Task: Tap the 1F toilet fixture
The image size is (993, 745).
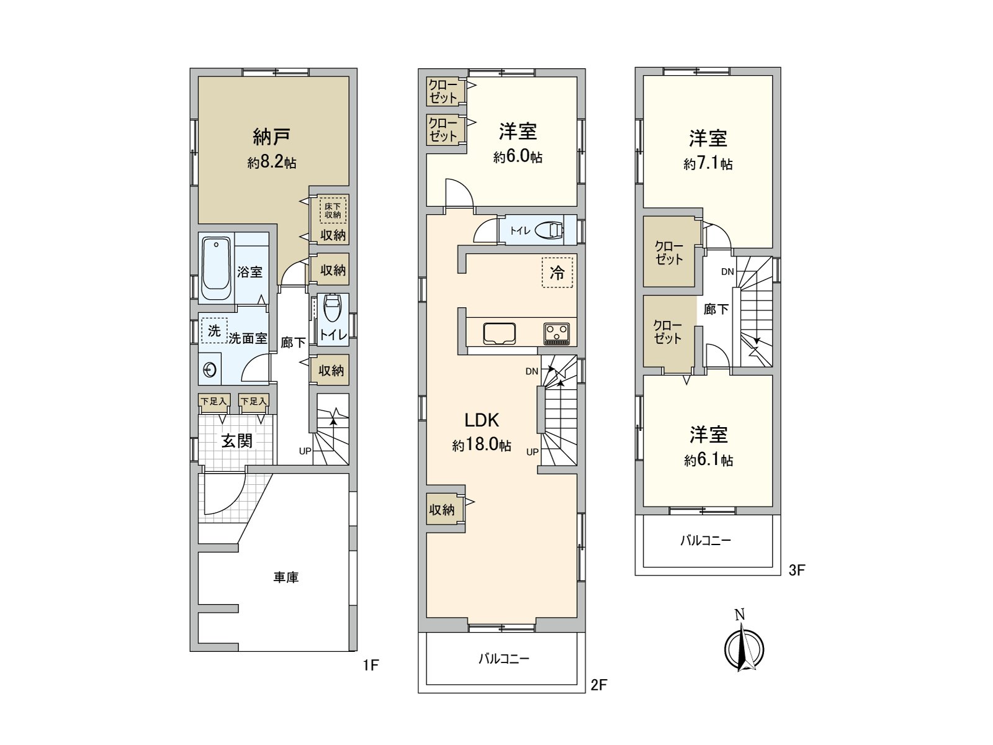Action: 332,307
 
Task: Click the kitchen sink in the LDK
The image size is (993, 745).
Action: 500,333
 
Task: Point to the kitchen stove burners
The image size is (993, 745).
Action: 557,334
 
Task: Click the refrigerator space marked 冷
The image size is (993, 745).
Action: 557,273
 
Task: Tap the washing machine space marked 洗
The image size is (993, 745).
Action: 214,330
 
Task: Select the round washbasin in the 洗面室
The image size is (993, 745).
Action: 210,370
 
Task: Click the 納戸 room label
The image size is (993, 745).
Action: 271,137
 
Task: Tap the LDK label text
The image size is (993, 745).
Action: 482,420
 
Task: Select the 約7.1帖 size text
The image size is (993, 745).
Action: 708,163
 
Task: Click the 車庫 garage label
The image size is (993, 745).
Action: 286,577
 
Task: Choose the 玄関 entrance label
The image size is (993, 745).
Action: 237,441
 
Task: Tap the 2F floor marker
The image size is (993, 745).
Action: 598,685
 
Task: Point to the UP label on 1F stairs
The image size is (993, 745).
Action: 305,451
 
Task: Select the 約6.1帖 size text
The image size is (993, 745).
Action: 709,460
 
